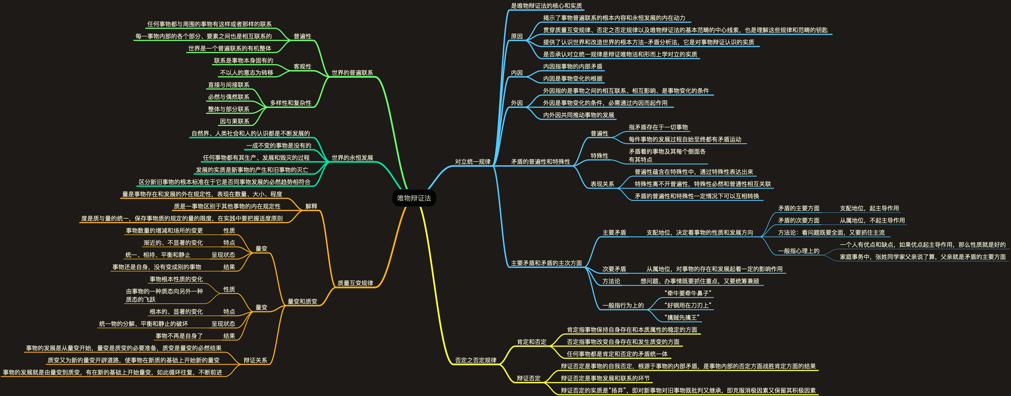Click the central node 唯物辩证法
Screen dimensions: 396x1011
[x=414, y=198]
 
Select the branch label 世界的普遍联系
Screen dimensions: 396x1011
[x=352, y=73]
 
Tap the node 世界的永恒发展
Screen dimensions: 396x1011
[x=352, y=158]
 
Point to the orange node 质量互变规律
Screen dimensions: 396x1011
[x=355, y=283]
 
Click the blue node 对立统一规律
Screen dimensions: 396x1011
[x=473, y=162]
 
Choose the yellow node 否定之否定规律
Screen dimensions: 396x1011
[x=475, y=360]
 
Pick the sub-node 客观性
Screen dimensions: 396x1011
[x=302, y=67]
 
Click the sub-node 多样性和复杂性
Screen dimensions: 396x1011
[x=291, y=103]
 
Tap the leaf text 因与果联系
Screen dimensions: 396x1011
[x=234, y=121]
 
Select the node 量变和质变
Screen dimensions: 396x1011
[x=302, y=301]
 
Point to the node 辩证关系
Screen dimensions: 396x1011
[x=255, y=360]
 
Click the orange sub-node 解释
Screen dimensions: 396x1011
[x=311, y=206]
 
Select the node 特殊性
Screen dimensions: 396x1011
[x=599, y=156]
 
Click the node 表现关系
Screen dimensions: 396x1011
[x=602, y=184]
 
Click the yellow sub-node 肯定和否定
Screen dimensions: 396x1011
[x=531, y=342]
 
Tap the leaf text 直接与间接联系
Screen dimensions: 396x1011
[x=228, y=85]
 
